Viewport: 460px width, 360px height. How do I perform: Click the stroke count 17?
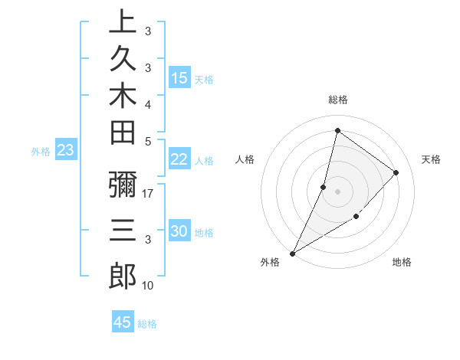click(149, 195)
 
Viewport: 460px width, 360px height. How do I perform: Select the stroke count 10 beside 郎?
click(149, 286)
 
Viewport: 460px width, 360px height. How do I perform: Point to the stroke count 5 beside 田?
click(148, 141)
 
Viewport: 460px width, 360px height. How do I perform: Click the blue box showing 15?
click(179, 77)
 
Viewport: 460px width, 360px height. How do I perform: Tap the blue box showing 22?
click(179, 159)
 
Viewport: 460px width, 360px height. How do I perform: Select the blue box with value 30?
click(179, 232)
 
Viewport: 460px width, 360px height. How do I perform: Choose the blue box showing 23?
click(66, 151)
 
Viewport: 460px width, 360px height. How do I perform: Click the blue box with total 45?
click(123, 322)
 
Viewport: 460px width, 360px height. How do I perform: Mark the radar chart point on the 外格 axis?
click(292, 253)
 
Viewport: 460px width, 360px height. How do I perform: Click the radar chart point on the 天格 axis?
click(396, 172)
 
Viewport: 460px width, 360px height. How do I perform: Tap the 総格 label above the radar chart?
click(338, 100)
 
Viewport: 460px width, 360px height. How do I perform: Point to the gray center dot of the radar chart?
click(337, 191)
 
